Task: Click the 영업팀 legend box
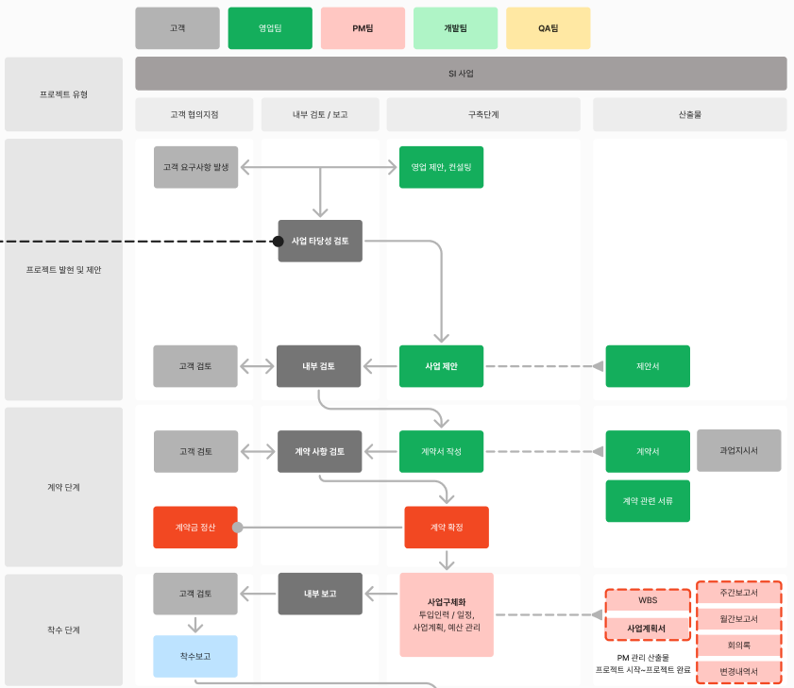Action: click(270, 28)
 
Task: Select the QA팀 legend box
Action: click(548, 28)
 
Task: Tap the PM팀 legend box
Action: click(363, 28)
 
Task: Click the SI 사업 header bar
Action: click(461, 74)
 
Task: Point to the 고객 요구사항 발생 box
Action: click(196, 167)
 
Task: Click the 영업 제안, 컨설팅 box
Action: click(441, 167)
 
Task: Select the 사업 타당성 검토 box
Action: click(320, 241)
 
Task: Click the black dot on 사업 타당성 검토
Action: click(278, 241)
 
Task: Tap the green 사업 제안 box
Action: click(441, 366)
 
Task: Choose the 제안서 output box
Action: click(648, 366)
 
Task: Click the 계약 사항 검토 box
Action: click(319, 451)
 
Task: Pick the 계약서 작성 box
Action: click(441, 451)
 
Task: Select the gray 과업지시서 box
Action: click(739, 450)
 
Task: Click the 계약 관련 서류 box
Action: click(648, 501)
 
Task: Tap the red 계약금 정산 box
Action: click(195, 527)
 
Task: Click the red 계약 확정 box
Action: click(447, 527)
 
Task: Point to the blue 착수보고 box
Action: click(195, 656)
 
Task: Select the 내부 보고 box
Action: click(320, 594)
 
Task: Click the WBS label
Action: click(648, 600)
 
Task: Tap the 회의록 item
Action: click(739, 646)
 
